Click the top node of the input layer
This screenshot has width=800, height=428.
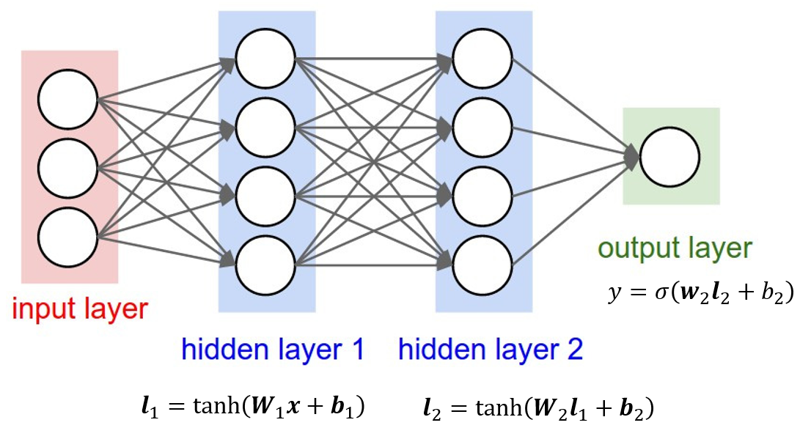(x=68, y=100)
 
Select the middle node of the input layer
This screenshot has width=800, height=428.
(x=68, y=169)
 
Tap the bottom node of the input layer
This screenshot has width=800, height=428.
(x=68, y=239)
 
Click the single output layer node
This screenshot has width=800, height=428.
(x=669, y=156)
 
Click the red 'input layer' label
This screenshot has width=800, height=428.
(x=79, y=309)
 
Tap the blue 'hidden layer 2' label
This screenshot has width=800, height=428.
(x=490, y=350)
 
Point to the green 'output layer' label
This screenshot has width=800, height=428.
(x=675, y=248)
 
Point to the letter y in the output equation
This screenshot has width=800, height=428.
(x=614, y=295)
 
